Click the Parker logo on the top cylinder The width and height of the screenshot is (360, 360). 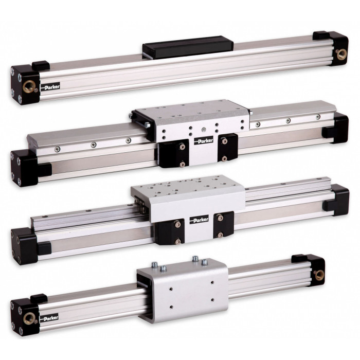point(50,87)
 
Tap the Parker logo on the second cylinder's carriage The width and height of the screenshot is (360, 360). point(204,140)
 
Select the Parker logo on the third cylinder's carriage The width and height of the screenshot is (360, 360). point(199,220)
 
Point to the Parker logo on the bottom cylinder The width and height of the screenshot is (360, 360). point(49,318)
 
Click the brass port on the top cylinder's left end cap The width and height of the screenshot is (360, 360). point(29,86)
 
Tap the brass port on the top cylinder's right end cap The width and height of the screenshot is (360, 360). point(341,55)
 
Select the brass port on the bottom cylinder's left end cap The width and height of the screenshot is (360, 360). point(29,318)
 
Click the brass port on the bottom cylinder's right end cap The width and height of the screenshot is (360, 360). point(319,275)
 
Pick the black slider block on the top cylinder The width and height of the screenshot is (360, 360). point(188,47)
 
